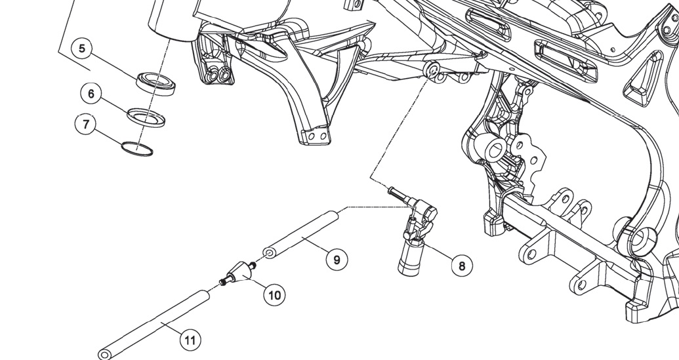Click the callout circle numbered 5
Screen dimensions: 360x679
(83, 49)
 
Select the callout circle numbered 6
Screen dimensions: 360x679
(91, 94)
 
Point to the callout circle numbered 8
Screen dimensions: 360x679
(462, 266)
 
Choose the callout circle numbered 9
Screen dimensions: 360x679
(337, 260)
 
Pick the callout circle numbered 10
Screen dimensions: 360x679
(274, 295)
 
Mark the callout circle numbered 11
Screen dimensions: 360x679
(190, 340)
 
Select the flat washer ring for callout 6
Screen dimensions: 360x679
(146, 116)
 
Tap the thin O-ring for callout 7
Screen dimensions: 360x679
(137, 149)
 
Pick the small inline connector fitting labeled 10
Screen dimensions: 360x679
(237, 271)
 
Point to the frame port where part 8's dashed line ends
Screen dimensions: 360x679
(434, 69)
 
